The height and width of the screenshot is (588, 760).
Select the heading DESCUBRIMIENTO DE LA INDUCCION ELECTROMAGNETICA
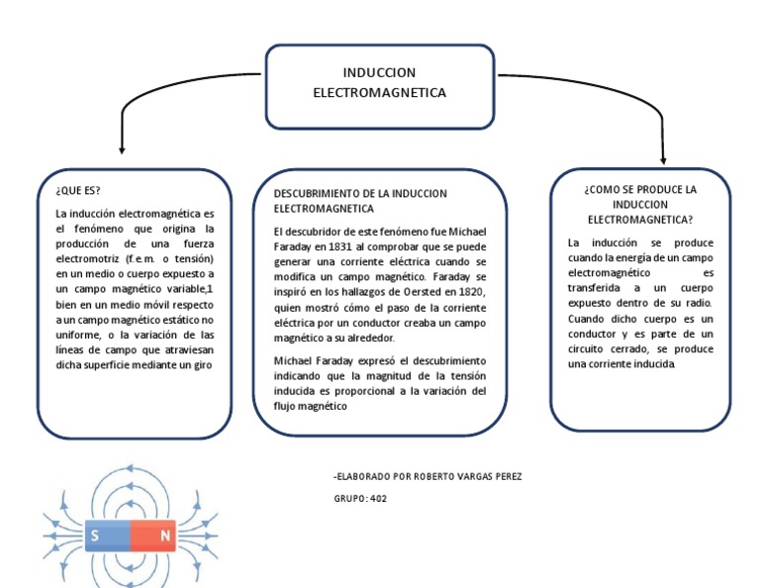tap(360, 201)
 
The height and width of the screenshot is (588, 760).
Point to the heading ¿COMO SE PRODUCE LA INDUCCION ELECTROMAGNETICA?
tap(640, 203)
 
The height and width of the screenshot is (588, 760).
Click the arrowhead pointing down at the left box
tap(122, 149)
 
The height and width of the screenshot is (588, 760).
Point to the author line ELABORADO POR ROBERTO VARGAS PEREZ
tap(428, 477)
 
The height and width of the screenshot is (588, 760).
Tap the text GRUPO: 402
tap(360, 499)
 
